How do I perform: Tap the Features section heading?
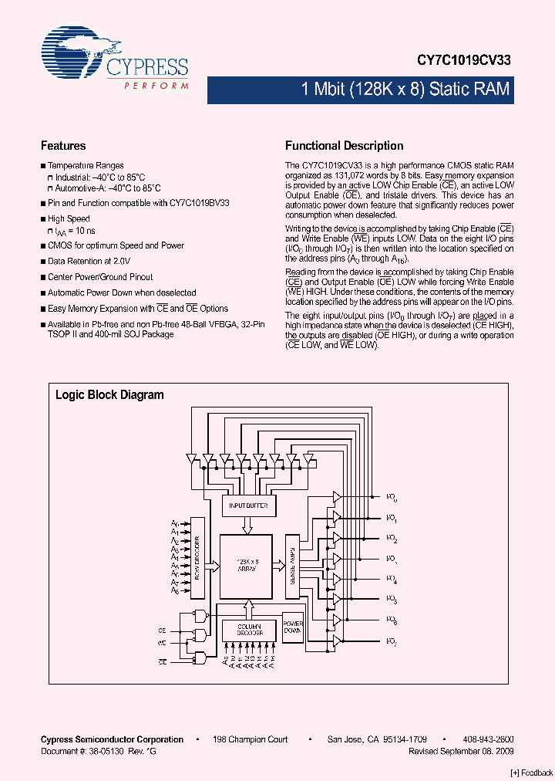point(63,146)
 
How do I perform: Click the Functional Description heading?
point(344,146)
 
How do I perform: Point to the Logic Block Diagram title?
point(109,395)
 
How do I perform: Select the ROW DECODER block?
point(197,556)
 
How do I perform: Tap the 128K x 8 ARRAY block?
point(247,565)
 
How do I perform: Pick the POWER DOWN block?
point(293,627)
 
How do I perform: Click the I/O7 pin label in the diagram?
point(392,641)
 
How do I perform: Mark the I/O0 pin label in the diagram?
point(392,497)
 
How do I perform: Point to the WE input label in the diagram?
point(162,642)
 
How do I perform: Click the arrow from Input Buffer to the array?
point(247,525)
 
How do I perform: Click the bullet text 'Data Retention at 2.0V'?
point(89,262)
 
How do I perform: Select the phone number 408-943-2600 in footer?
point(489,739)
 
